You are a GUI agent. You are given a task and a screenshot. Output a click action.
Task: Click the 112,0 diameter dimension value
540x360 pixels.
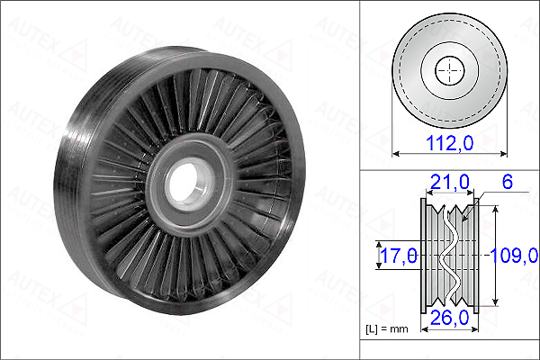click(449, 142)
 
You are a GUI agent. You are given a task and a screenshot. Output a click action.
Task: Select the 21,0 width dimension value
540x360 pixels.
click(449, 182)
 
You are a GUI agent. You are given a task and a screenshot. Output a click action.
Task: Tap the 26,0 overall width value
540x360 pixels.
click(449, 318)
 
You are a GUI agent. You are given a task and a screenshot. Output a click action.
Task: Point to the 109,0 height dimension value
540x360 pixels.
click(514, 256)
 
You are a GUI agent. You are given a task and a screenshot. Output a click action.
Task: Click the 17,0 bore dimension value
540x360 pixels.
click(399, 256)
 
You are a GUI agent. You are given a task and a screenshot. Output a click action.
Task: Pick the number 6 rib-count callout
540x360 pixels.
click(508, 182)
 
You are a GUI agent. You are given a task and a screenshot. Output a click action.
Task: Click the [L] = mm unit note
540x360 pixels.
click(387, 329)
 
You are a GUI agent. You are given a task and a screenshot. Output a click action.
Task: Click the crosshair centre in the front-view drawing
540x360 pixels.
click(450, 70)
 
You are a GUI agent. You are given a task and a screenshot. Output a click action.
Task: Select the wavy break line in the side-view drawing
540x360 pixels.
click(449, 256)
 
